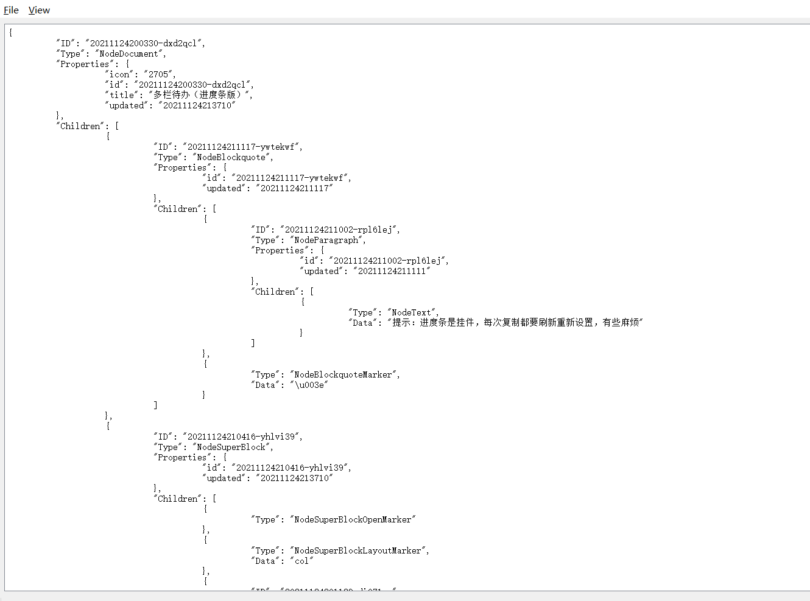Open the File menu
point(11,10)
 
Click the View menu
point(39,10)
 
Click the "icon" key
point(119,74)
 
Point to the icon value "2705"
point(159,74)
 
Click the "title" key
point(122,95)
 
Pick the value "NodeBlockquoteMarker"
point(343,374)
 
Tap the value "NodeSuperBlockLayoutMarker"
point(358,550)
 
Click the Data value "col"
point(301,561)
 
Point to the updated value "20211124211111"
point(392,271)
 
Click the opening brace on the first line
point(11,33)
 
